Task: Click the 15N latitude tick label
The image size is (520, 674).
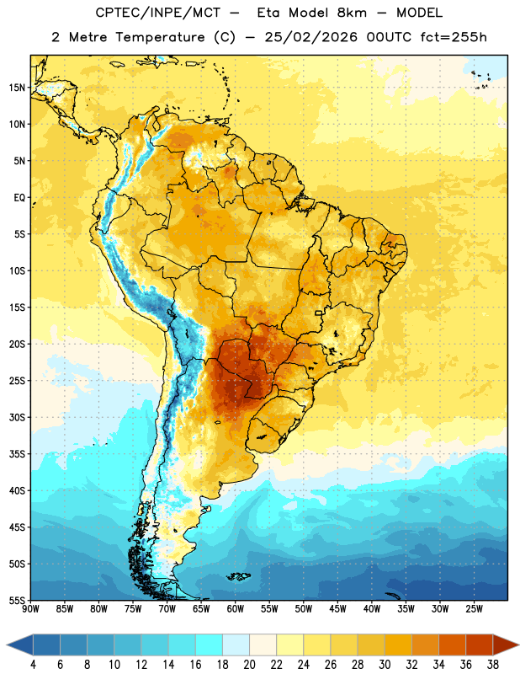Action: [17, 88]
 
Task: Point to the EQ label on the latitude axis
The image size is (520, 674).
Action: [19, 198]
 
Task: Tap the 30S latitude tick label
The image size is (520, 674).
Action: [17, 417]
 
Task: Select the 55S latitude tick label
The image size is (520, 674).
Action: [17, 601]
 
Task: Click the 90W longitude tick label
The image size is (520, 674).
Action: [30, 609]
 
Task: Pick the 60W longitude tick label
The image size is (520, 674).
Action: [236, 609]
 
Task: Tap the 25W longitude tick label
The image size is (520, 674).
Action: [474, 609]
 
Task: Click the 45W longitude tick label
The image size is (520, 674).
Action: [337, 609]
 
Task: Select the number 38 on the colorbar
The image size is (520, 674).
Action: [492, 665]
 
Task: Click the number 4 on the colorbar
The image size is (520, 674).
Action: [33, 665]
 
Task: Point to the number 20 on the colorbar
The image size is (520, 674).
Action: [249, 665]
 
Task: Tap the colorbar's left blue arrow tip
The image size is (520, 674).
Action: [7, 645]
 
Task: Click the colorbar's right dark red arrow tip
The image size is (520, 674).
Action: [518, 645]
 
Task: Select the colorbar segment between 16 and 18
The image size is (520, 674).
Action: [210, 645]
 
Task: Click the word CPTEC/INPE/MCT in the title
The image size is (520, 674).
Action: [158, 13]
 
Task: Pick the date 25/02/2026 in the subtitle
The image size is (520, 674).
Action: [310, 37]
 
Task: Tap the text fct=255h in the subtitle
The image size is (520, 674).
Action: [454, 37]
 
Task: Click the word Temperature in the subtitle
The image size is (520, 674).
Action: [160, 37]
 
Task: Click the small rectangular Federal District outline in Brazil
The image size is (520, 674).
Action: [318, 313]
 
